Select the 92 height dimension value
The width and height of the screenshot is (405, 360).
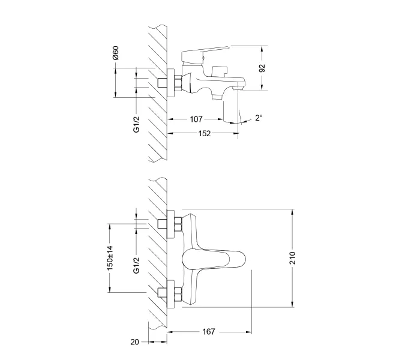point(262,68)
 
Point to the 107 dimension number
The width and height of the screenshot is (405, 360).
point(196,119)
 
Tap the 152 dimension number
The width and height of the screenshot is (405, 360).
point(205,133)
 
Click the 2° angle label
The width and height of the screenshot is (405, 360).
point(259,119)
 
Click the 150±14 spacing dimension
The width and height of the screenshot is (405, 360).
point(110,258)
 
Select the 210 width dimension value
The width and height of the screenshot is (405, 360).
point(293,259)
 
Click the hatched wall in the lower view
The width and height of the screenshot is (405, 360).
point(158,258)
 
